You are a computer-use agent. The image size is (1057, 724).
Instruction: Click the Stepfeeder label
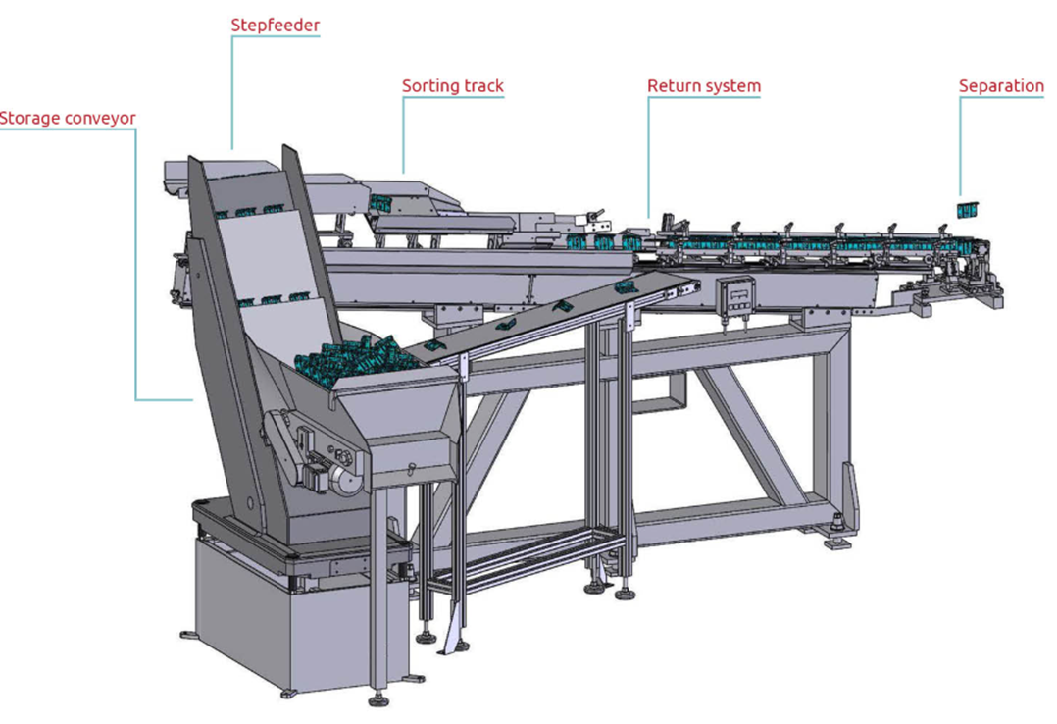coord(275,26)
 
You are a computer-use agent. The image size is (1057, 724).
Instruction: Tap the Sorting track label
coord(453,86)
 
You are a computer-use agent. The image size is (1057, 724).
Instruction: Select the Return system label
coord(704,86)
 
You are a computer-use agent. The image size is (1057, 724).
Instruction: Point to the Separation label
coord(1001,86)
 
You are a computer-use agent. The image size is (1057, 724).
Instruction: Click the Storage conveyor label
coord(68,118)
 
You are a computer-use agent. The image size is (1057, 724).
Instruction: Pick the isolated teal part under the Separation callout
coord(968,210)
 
